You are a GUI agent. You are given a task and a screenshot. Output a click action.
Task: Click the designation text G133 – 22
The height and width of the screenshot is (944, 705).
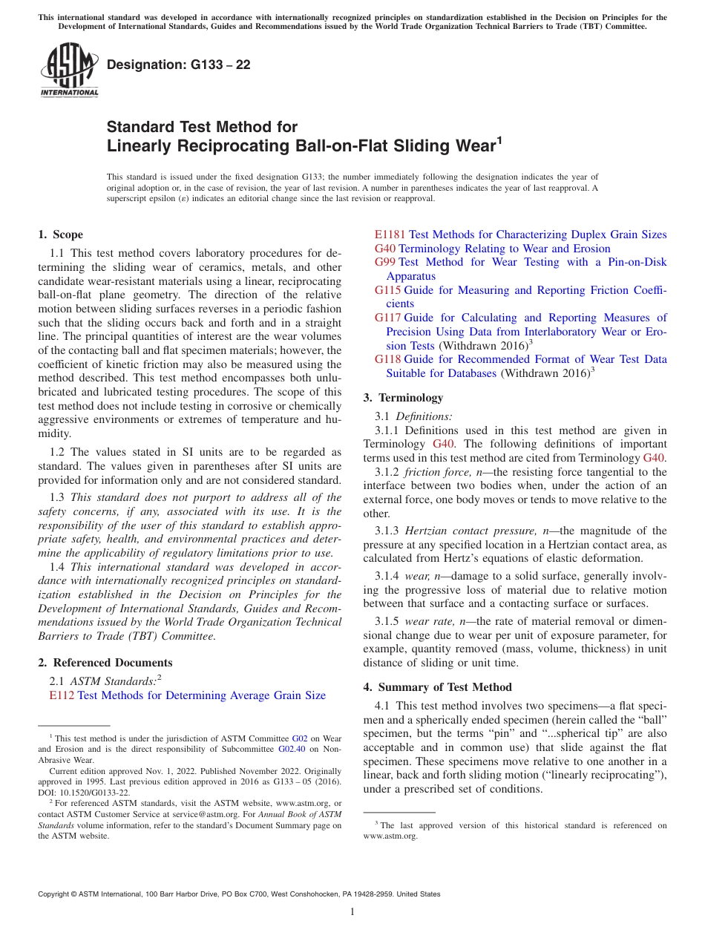coord(179,65)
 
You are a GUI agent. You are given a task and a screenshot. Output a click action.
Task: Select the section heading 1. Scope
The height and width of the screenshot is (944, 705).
coord(60,235)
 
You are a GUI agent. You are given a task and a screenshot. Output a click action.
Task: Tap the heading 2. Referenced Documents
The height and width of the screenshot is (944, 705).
coord(105,663)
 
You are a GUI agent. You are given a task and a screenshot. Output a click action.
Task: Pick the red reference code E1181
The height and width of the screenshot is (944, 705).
coord(390,235)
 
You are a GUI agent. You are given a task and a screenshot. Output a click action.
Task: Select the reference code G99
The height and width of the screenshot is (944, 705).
coord(384,262)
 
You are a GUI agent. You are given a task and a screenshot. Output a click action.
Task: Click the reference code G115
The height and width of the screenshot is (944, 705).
coord(387,290)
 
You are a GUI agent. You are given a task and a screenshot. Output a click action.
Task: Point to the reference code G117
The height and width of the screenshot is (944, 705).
coord(387,318)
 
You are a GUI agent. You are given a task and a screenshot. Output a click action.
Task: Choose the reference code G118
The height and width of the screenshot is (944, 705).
coord(387,359)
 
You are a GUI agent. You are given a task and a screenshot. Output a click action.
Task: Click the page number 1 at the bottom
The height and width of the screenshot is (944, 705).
coord(352,912)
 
